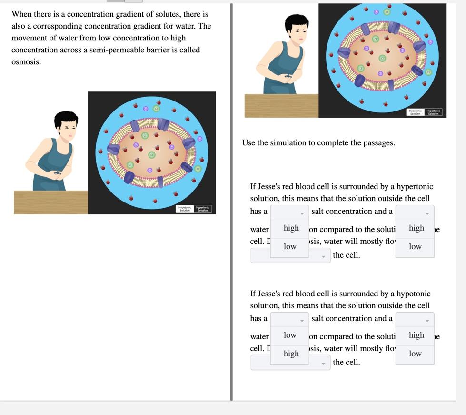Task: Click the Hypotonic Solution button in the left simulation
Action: pos(185,209)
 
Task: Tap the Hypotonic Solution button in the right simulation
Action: pos(416,112)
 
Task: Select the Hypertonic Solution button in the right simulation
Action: pos(433,112)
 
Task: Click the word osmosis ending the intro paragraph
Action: pos(26,62)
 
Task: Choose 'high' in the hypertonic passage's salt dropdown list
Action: pos(291,228)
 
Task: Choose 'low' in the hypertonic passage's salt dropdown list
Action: pos(290,246)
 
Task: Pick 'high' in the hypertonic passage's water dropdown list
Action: pos(416,228)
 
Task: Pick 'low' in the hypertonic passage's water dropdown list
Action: pos(415,246)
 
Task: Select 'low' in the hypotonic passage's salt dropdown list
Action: pos(290,335)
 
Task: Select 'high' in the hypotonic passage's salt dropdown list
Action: pos(291,354)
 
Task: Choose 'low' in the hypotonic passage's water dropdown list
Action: pos(415,354)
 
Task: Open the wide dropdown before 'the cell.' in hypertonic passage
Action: pos(290,256)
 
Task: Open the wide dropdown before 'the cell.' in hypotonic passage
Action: pos(290,363)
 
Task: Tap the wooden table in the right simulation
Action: pos(281,105)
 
